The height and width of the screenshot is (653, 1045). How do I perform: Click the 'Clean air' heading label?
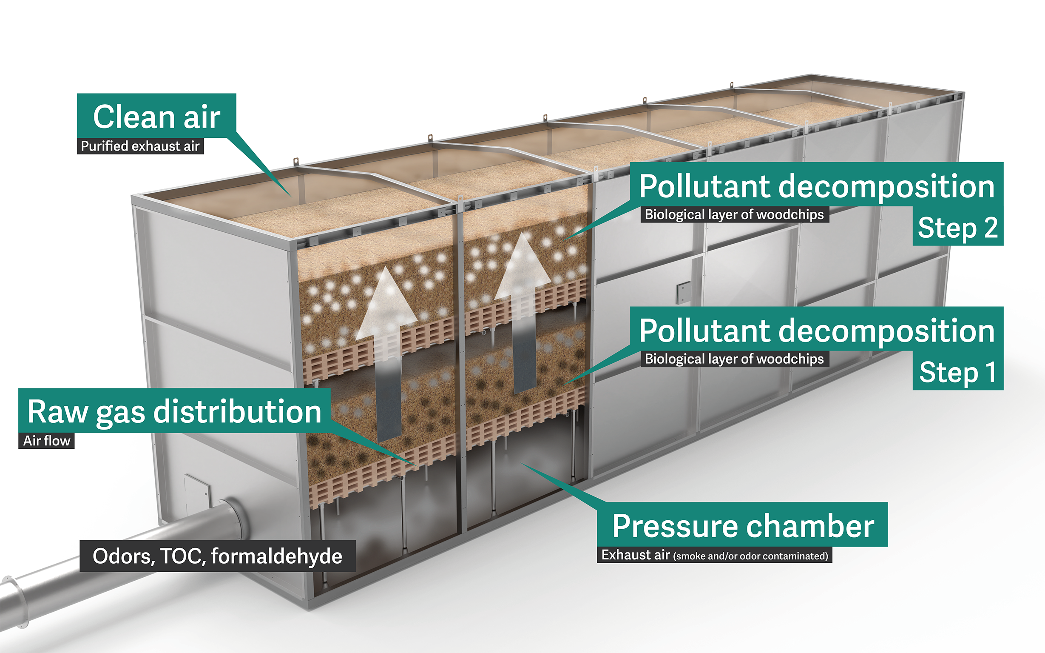[x=157, y=117]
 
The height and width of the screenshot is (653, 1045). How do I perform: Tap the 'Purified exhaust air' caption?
[x=140, y=146]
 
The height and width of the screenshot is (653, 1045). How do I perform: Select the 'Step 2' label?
[x=957, y=228]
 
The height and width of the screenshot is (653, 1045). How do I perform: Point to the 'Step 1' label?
[x=958, y=372]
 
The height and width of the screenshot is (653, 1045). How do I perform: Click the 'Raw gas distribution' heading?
[x=174, y=411]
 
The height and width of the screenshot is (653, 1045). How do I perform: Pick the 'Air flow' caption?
[x=47, y=441]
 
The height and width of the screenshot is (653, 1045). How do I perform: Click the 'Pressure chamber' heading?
[x=743, y=526]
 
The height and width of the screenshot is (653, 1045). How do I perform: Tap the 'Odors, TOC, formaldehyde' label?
[x=218, y=556]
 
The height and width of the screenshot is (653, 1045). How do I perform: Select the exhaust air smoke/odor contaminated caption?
[x=715, y=555]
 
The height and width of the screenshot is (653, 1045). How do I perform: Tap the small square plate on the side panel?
[x=684, y=292]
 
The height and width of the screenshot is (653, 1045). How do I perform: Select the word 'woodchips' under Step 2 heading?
[x=790, y=214]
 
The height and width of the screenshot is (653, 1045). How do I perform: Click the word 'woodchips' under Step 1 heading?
[x=790, y=359]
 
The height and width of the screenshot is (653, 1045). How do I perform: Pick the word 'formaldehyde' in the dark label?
[x=277, y=556]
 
